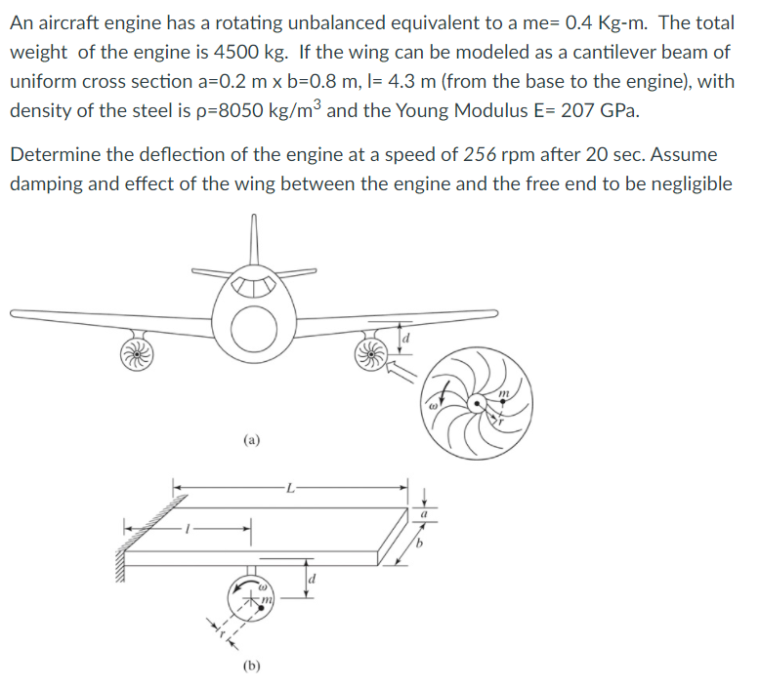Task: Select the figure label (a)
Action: point(252,439)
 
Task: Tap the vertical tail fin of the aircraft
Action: point(255,244)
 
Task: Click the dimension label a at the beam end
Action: point(424,514)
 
